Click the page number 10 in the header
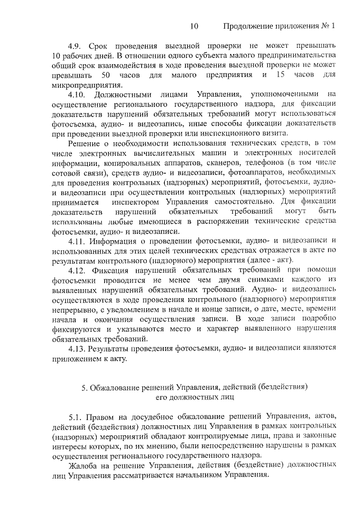click(x=195, y=26)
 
